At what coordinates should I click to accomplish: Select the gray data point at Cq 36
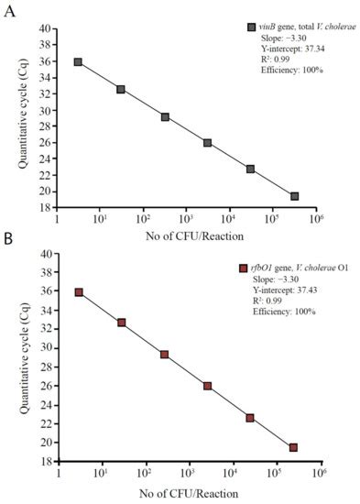tap(78, 62)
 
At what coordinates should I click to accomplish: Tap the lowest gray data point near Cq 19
tap(294, 196)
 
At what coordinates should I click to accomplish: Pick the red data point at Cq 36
tap(80, 292)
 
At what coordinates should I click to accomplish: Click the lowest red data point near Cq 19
tap(293, 447)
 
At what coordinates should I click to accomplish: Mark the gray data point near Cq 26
tap(208, 143)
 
